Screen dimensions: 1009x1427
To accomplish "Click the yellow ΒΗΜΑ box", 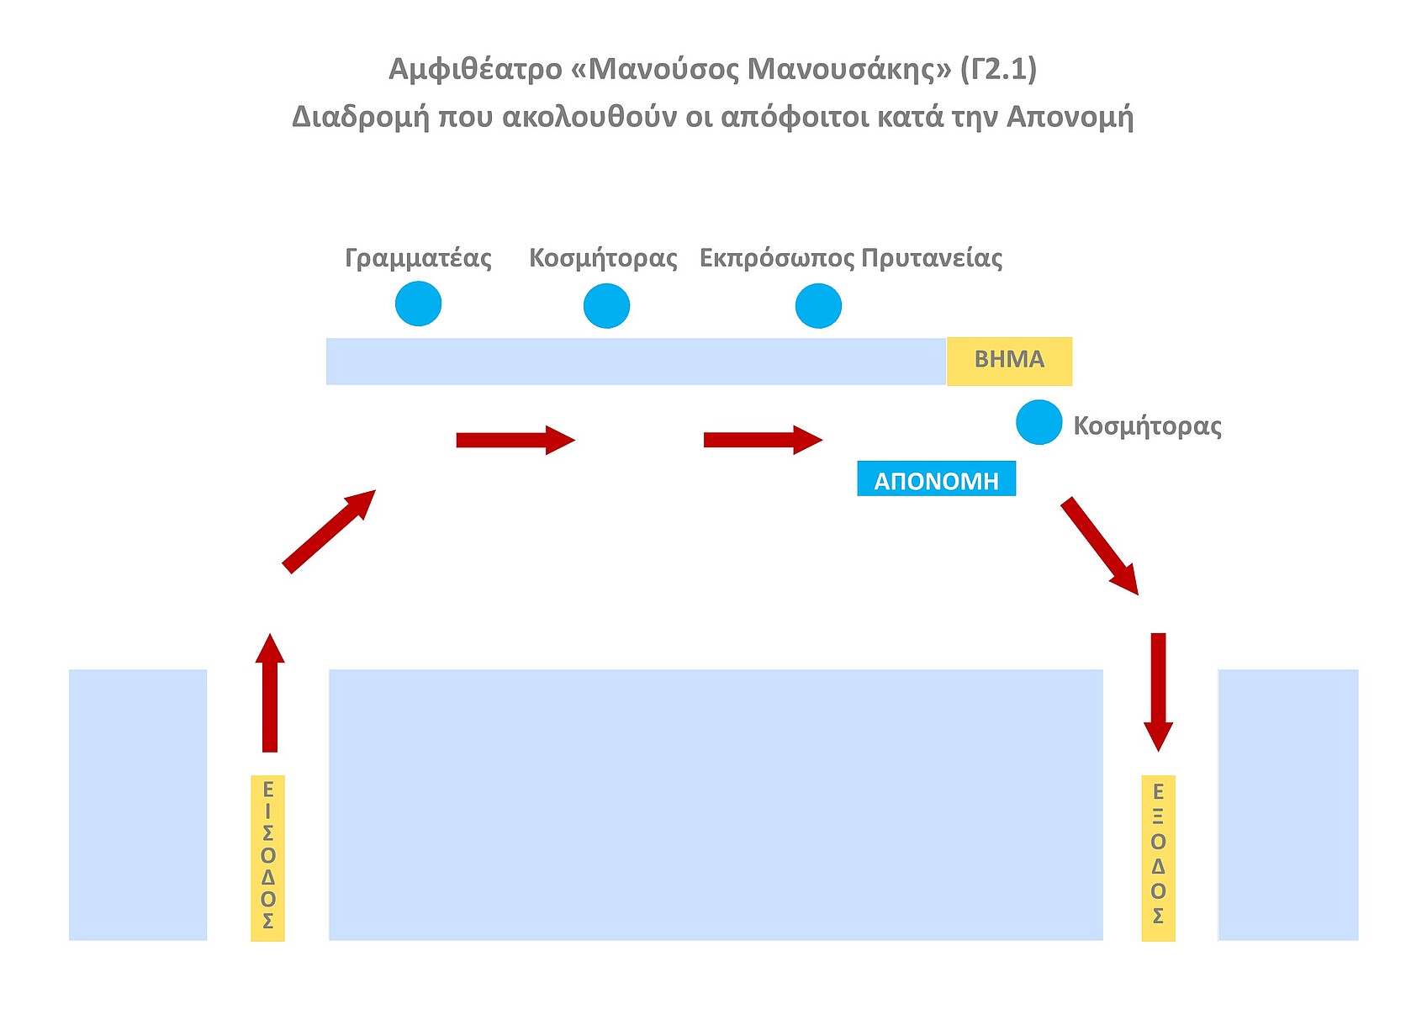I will point(1009,361).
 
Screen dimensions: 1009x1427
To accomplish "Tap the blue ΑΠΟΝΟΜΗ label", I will point(936,479).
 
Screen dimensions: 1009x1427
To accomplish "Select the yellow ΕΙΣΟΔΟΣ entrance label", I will point(268,857).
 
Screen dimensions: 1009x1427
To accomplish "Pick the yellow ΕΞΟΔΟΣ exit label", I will point(1158,857).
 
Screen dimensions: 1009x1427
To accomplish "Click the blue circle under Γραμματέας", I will point(418,304).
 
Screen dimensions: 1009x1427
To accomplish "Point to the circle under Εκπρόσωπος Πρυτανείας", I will point(818,305).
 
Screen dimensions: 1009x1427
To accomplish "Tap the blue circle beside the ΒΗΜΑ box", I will point(1039,422).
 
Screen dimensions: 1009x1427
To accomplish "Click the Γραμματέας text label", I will point(418,257).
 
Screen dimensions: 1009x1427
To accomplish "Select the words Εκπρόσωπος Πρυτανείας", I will point(850,257).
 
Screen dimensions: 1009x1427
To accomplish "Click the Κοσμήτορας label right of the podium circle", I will point(1147,425).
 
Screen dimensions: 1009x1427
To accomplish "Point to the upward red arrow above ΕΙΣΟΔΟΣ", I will point(270,692).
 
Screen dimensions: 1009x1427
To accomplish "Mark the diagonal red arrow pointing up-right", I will point(329,531).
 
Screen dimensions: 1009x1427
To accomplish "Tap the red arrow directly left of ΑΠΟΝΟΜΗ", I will point(762,440).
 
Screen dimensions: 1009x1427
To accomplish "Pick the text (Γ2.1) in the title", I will point(998,69).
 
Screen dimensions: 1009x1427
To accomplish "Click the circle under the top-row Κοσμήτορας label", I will point(606,305).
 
